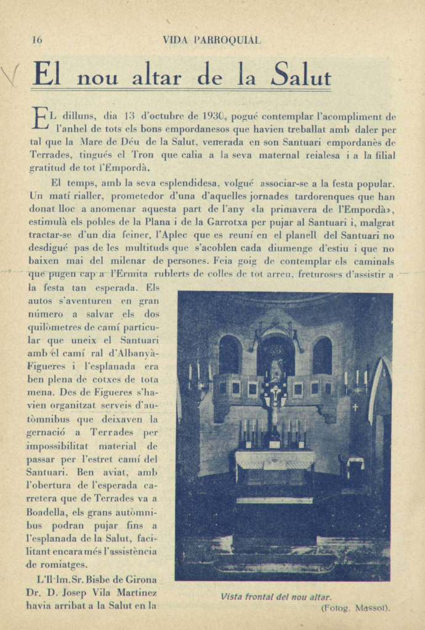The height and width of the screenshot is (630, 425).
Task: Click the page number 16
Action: pos(37,40)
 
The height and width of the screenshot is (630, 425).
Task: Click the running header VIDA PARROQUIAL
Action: pos(211,40)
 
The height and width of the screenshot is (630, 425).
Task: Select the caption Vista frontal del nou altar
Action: pos(276,597)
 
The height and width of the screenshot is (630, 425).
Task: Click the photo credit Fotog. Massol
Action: pos(355,608)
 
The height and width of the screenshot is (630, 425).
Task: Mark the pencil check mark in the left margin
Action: pos(10,75)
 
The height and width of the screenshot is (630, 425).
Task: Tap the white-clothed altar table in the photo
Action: pos(274,458)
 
